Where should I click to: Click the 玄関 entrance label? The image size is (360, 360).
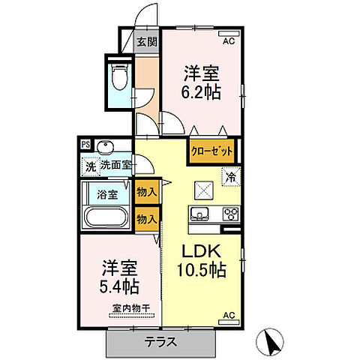[146, 42]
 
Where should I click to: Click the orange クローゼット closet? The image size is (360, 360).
[211, 150]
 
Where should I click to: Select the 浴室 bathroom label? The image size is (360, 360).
[106, 194]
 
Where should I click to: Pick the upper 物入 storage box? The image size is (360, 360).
[147, 192]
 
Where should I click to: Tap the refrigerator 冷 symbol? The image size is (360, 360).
[231, 178]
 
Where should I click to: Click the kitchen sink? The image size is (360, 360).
[201, 214]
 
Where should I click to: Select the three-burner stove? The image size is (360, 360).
[230, 214]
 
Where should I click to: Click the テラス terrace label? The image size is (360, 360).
[160, 342]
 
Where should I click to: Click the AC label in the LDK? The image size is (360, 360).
[229, 315]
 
